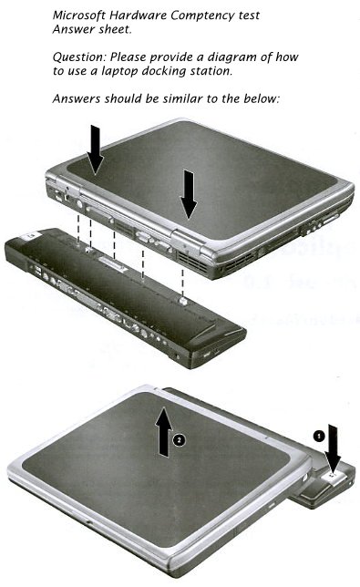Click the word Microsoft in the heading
tap(79, 15)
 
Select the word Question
tap(79, 57)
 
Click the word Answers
tap(77, 98)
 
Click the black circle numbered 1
tap(318, 436)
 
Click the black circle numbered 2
tap(179, 440)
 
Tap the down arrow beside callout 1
tap(333, 448)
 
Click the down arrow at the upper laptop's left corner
tap(96, 149)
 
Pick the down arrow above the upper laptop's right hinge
tap(189, 195)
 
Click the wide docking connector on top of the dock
tap(111, 263)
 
